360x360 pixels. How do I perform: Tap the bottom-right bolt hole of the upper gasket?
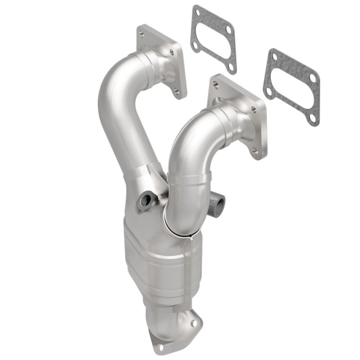[x=231, y=66]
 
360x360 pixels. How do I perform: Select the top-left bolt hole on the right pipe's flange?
[x=216, y=84]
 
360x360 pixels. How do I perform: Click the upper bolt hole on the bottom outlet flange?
[x=193, y=323]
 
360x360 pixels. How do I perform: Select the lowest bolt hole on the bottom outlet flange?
[x=159, y=347]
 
